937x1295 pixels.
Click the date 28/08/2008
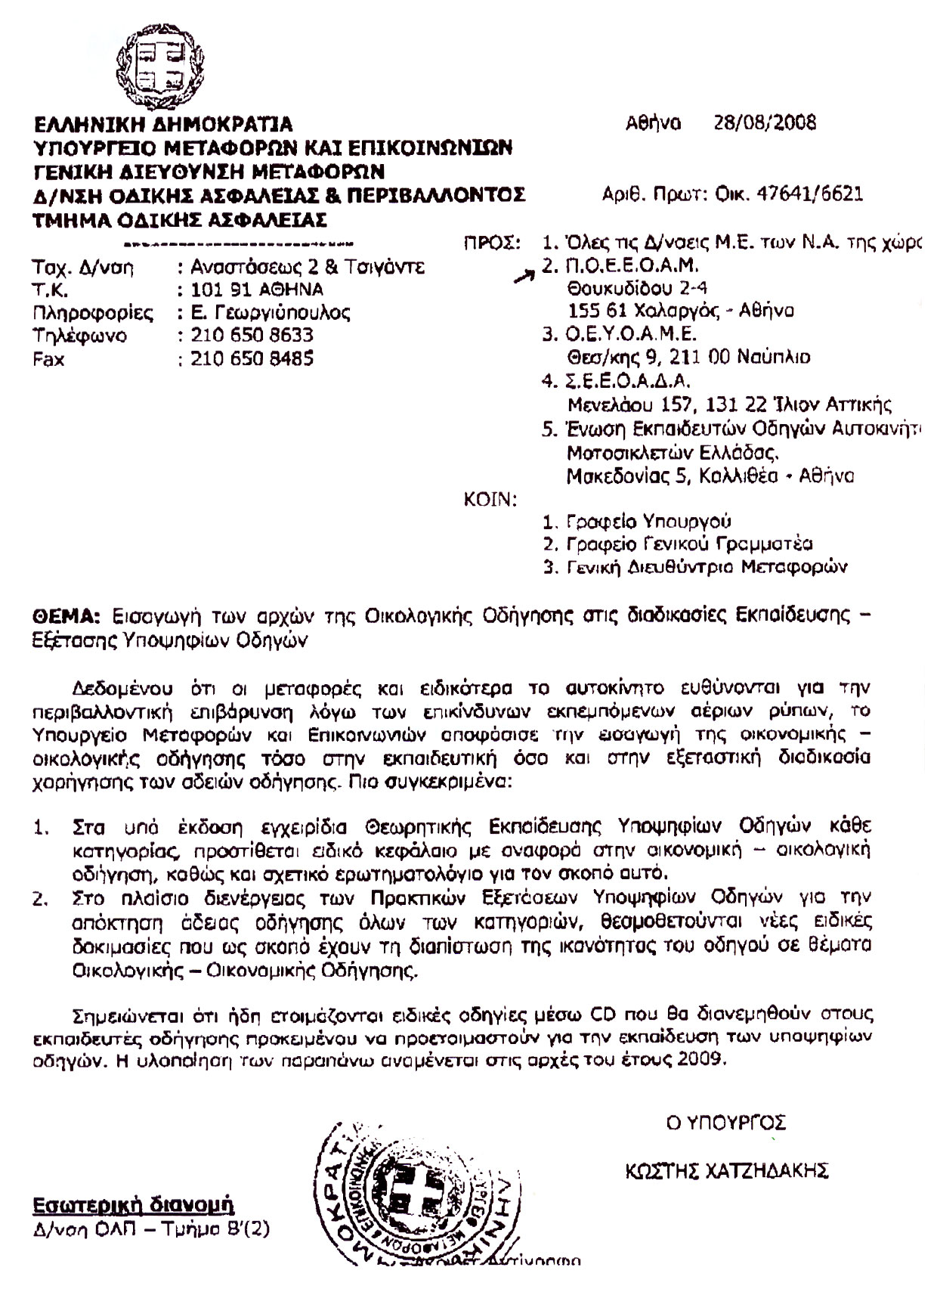coord(765,122)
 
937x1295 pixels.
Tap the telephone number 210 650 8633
coord(250,335)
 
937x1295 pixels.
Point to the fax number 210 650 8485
coord(250,358)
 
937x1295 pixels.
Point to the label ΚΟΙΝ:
coord(489,499)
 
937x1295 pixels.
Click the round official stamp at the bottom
coord(414,1196)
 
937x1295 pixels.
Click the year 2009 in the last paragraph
coord(703,1059)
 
